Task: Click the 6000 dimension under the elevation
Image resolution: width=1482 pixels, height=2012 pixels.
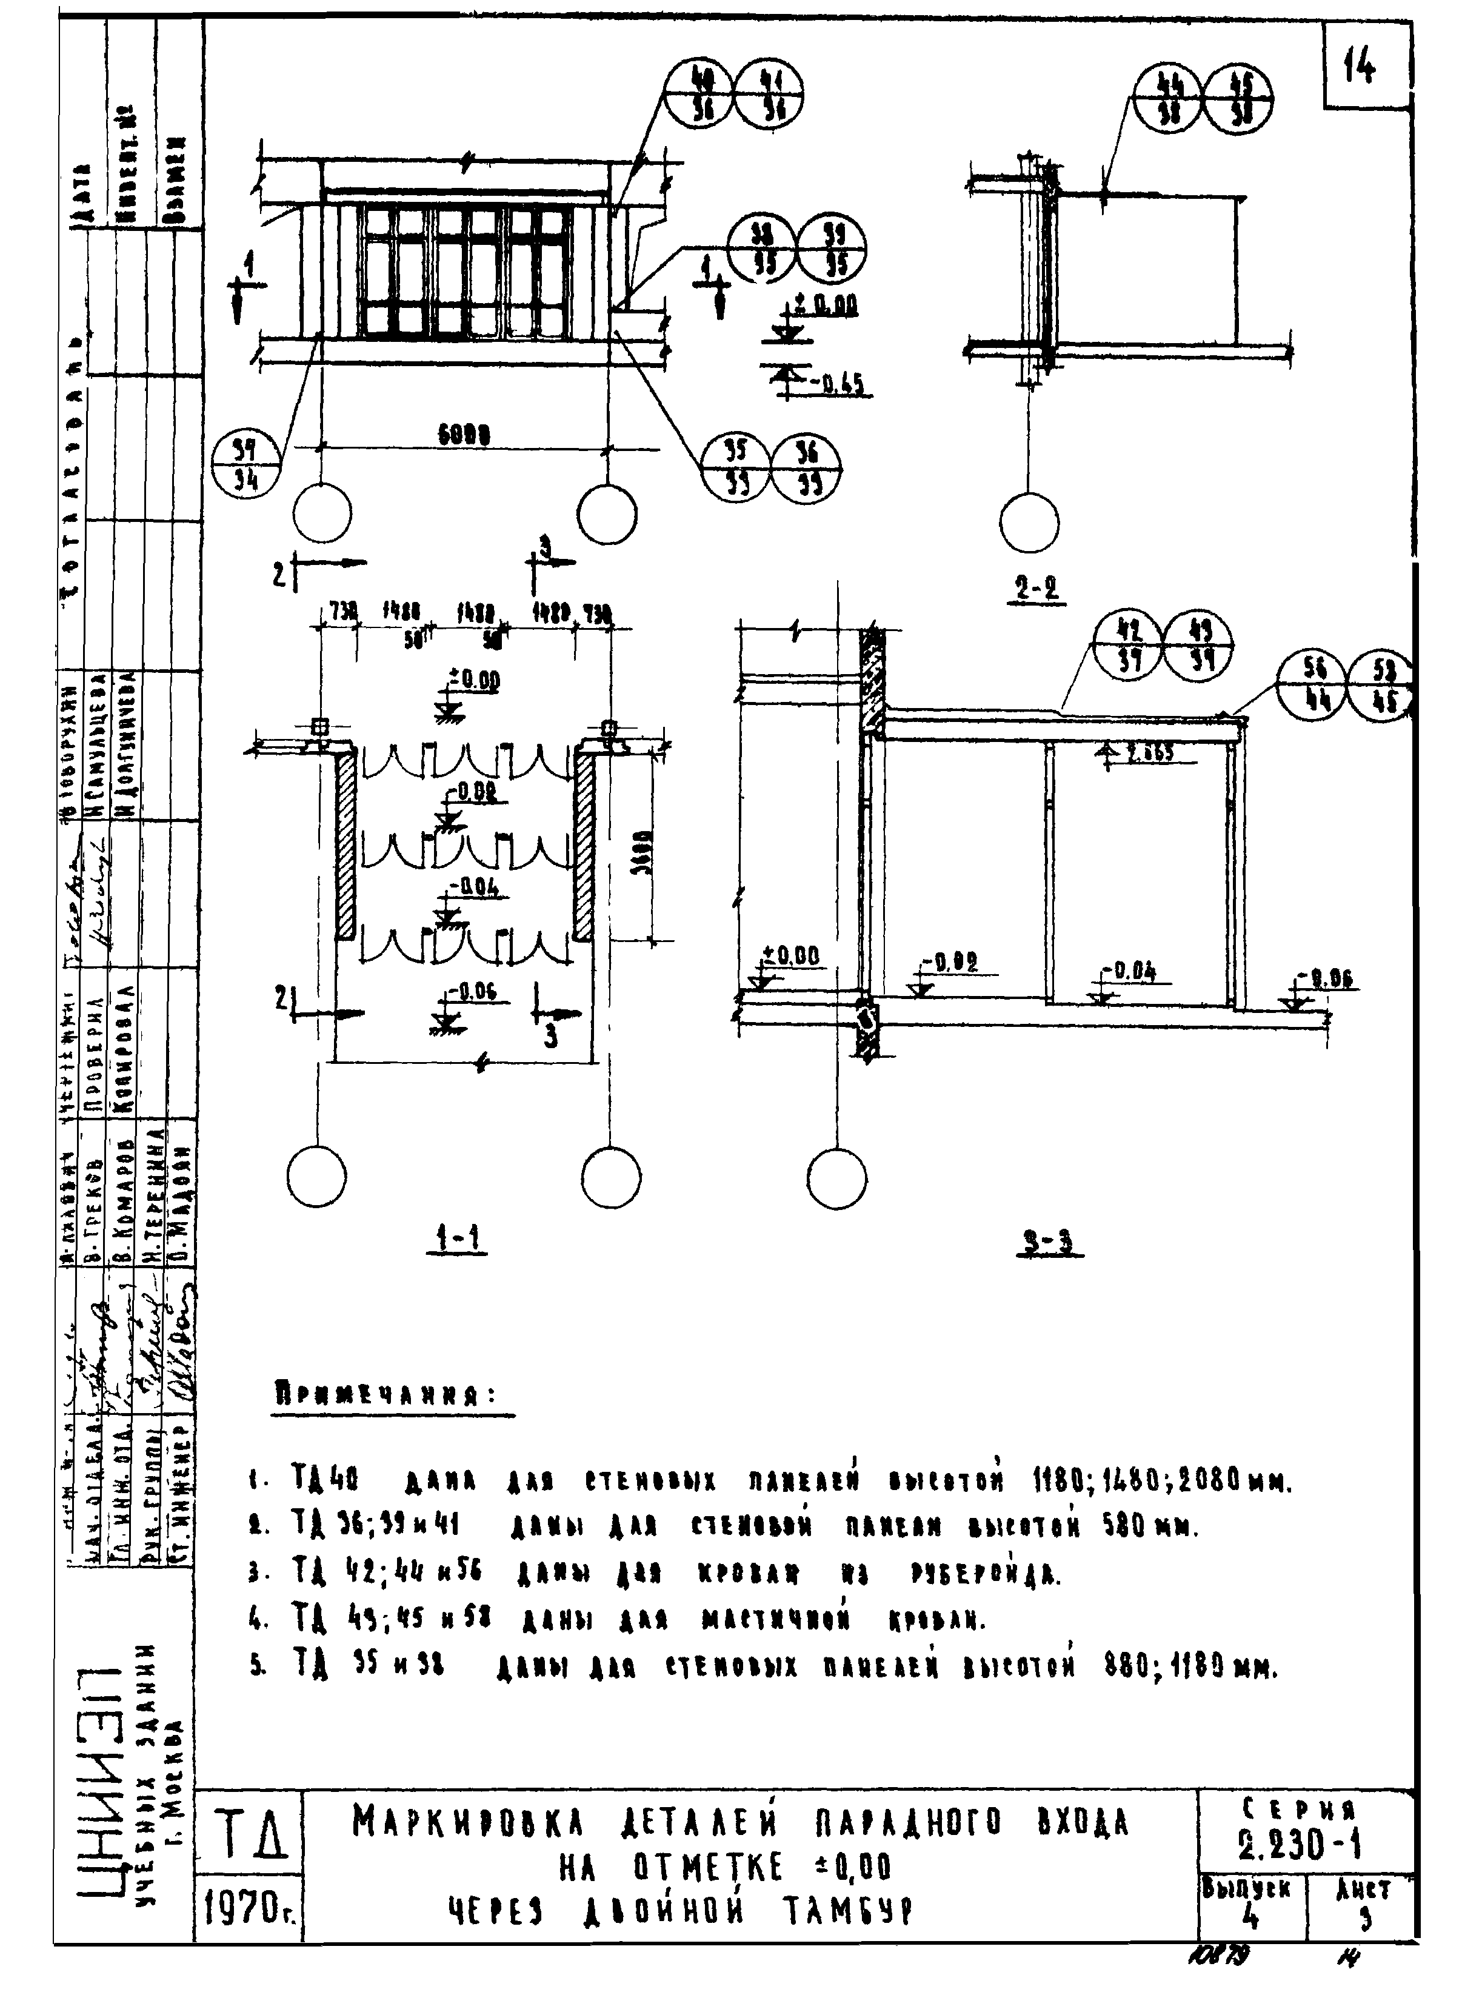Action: [x=464, y=434]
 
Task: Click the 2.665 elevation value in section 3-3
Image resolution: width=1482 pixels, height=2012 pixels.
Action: [x=1150, y=754]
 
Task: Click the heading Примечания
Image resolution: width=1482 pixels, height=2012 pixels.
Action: [x=386, y=1395]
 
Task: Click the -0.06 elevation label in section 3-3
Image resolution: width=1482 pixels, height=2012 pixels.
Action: [x=1327, y=978]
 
